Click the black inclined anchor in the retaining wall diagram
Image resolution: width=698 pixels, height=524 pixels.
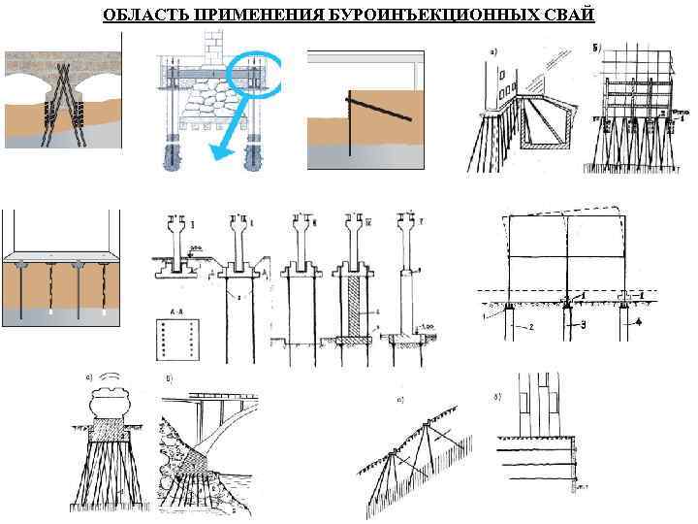382,108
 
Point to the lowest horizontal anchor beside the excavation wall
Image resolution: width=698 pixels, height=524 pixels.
576,479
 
